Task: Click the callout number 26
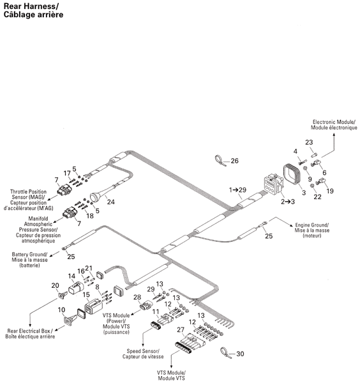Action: pos(234,161)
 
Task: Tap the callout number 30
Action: pos(240,354)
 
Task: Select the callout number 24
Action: pos(110,202)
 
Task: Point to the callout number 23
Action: pos(309,142)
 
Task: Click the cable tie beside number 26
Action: pos(221,161)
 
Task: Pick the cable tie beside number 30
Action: pos(226,353)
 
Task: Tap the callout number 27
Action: pos(181,330)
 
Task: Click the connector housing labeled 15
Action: pos(93,306)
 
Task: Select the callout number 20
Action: pos(55,285)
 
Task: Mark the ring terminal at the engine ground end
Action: pos(264,223)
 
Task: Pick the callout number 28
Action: pos(137,297)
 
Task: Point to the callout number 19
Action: pos(330,191)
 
